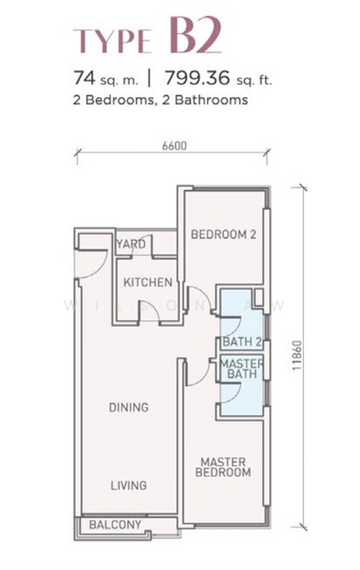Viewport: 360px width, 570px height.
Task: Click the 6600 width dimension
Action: [174, 145]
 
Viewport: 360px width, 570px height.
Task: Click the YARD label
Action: [131, 244]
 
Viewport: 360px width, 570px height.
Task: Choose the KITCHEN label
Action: [147, 282]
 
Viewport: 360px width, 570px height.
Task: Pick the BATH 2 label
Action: [242, 342]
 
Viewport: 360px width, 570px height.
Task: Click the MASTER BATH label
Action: [241, 369]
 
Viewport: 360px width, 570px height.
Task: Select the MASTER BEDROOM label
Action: [224, 466]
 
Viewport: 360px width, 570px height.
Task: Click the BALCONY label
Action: [115, 524]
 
